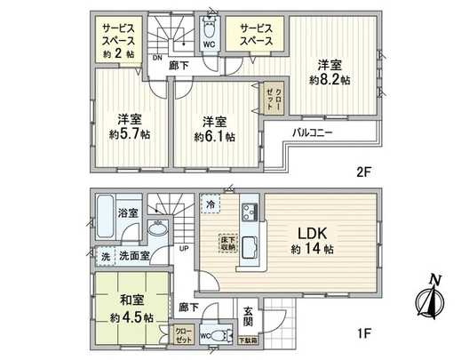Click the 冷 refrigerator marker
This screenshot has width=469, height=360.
pos(210,203)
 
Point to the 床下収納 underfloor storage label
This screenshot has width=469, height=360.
pos(228,242)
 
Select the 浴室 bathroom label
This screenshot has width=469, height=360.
pos(127,212)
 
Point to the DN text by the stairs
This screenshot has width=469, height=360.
pos(155,60)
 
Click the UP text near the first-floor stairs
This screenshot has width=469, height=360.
pos(184,248)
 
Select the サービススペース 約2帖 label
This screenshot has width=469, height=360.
pos(117,41)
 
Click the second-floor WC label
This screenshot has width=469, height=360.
pos(210,44)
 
